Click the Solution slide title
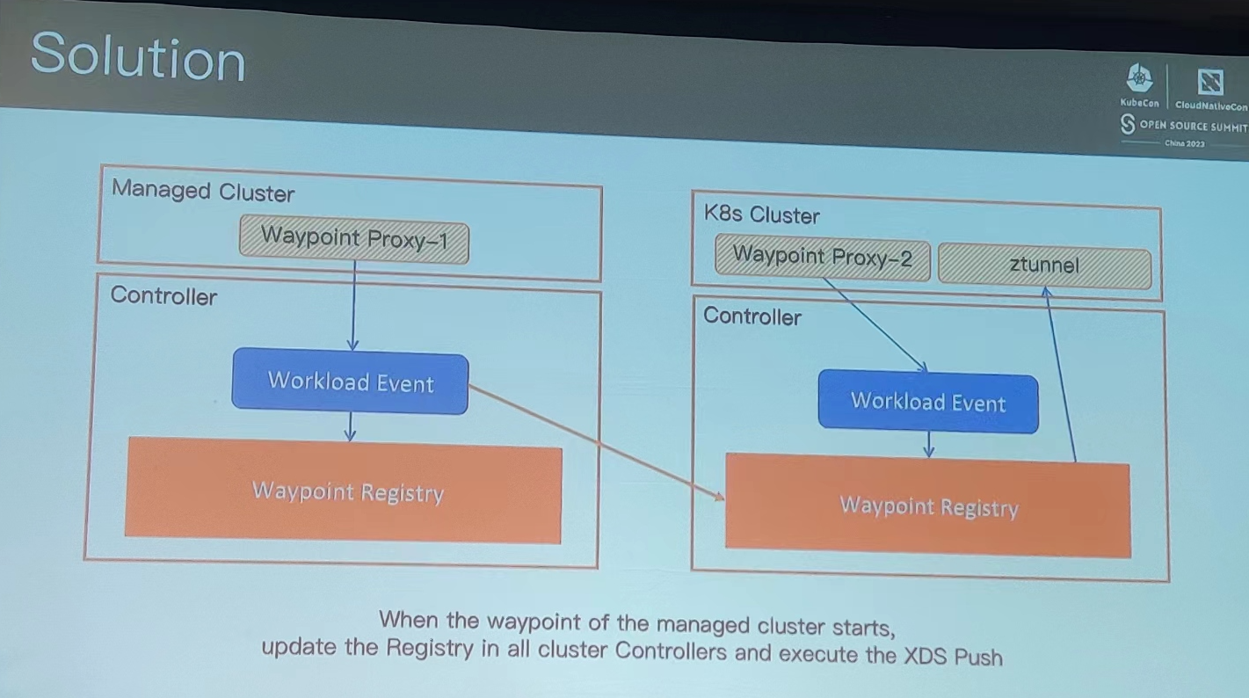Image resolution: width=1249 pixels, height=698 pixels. (x=138, y=56)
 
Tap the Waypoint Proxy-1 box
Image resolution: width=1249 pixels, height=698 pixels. (x=354, y=239)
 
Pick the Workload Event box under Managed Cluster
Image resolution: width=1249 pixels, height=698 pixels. (x=350, y=382)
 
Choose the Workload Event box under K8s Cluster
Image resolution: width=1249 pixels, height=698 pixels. (x=928, y=402)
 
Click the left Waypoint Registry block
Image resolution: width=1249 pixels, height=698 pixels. (x=344, y=491)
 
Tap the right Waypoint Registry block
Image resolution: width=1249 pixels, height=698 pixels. (x=928, y=505)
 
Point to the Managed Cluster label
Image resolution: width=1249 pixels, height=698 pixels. (x=203, y=192)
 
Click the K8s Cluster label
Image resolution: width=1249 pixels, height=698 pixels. (x=762, y=214)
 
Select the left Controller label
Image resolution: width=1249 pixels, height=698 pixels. (x=163, y=295)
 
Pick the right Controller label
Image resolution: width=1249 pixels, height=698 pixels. (x=752, y=316)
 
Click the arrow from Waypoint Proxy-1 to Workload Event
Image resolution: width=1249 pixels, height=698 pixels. (x=353, y=306)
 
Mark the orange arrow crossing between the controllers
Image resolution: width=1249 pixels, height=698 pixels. (x=597, y=441)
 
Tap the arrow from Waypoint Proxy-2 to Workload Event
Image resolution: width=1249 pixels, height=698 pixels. (x=875, y=325)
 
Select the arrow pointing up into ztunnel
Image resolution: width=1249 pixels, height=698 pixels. (x=1061, y=374)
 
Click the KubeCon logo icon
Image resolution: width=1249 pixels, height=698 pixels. (x=1139, y=78)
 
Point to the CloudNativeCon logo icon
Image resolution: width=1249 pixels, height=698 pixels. (x=1210, y=83)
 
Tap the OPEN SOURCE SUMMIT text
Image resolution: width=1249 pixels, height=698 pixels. (x=1194, y=127)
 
